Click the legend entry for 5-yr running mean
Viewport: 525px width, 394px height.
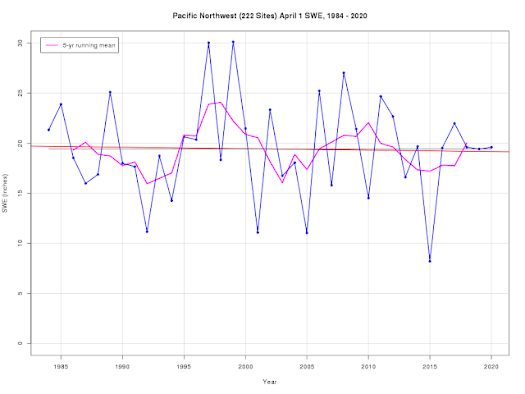click(x=82, y=46)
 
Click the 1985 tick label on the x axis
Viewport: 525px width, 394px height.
click(x=60, y=367)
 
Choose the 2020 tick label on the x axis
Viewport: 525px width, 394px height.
click(x=491, y=367)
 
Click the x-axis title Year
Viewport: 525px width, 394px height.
click(x=270, y=381)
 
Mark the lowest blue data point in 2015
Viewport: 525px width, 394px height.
click(x=430, y=260)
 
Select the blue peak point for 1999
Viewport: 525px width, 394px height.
click(x=233, y=42)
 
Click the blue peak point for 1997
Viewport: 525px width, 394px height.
click(x=208, y=43)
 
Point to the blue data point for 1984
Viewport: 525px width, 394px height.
click(x=48, y=130)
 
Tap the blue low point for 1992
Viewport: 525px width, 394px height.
click(x=147, y=231)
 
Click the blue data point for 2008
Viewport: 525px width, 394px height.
click(x=344, y=73)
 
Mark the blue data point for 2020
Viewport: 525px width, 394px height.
click(x=491, y=147)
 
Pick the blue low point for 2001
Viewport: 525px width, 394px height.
click(x=258, y=232)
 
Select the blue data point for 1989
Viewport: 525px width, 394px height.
click(x=110, y=92)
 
